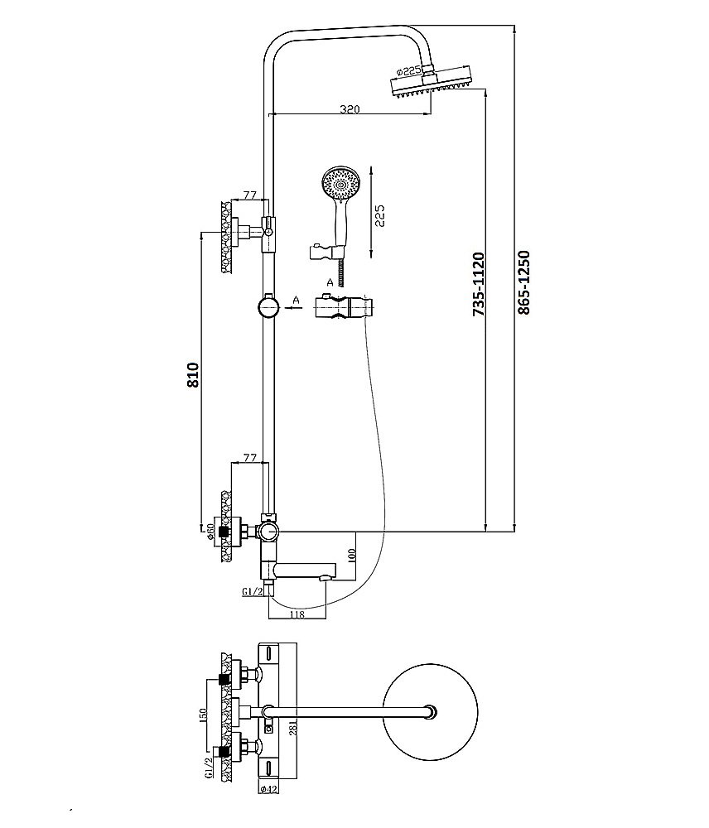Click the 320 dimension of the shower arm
349,108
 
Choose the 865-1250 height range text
523,282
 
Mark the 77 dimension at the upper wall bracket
248,196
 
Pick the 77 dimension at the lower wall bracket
248,457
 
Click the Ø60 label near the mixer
211,532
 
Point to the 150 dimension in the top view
203,715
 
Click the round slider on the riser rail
268,307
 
